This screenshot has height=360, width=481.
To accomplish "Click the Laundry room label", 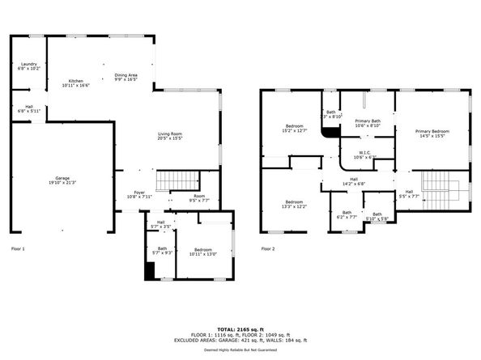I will (x=29, y=64).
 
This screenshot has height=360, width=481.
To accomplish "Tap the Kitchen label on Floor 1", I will (x=75, y=81).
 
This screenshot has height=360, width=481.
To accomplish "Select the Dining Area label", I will (x=126, y=74).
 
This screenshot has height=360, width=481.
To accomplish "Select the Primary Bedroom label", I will (x=432, y=131).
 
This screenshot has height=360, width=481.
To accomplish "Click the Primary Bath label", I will (x=367, y=121).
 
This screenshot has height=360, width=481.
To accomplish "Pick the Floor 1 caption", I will (x=18, y=248).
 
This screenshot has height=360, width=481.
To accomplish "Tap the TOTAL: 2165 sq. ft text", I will (x=240, y=329).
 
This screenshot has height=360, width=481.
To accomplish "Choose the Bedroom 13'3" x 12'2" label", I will (x=294, y=203).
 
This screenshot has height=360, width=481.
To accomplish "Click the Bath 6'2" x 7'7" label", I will (x=346, y=215).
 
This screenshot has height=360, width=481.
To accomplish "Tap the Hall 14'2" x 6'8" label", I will (x=354, y=181).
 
